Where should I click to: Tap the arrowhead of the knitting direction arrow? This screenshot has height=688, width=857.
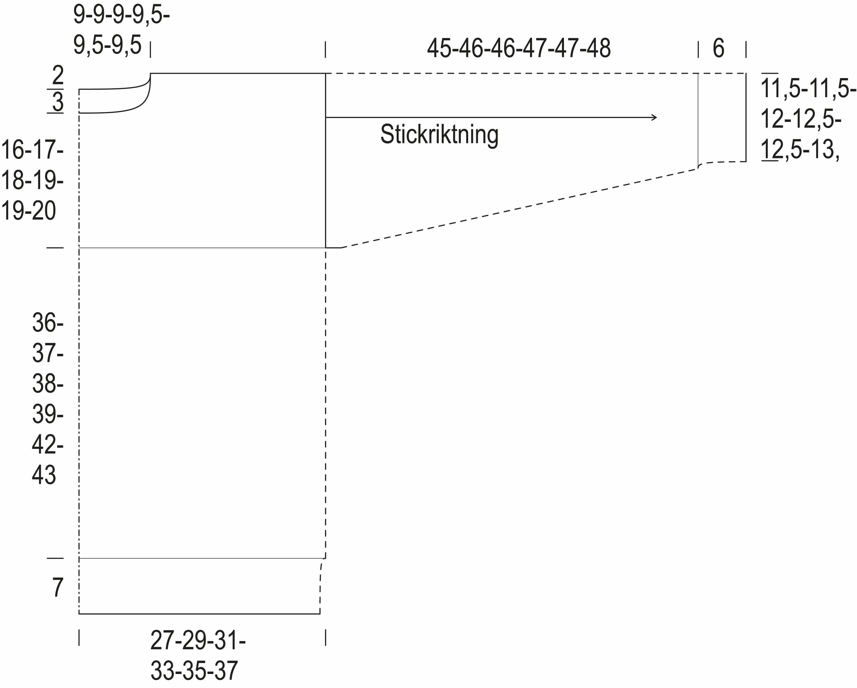[654, 117]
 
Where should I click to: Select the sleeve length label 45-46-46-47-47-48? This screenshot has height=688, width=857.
[518, 48]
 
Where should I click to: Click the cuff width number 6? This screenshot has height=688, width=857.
[718, 48]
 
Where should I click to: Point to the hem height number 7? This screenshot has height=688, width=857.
[58, 588]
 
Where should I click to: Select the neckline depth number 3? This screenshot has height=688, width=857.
[58, 102]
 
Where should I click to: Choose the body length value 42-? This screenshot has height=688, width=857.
[48, 444]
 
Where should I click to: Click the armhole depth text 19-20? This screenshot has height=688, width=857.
[29, 211]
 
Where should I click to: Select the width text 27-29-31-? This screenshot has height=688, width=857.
[198, 641]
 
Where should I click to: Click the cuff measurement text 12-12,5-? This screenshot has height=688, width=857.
[800, 119]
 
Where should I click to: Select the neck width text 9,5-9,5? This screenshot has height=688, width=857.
[107, 45]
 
